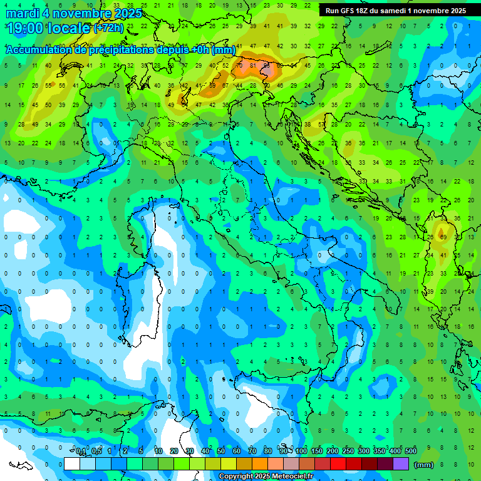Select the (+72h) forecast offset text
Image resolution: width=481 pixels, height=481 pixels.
coord(109,28)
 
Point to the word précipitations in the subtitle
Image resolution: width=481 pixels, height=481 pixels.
coord(125,49)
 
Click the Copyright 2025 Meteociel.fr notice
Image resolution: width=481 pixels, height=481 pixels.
coord(266,477)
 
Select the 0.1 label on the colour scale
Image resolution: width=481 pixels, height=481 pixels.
coord(81,452)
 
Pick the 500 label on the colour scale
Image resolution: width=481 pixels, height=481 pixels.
coord(410,452)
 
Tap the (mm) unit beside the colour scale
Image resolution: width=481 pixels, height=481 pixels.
coord(424,465)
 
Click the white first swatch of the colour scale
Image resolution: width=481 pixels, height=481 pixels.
coord(72,464)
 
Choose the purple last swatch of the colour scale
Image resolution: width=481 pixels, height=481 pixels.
coord(401,464)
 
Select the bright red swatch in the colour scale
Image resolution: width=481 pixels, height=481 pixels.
coord(338,464)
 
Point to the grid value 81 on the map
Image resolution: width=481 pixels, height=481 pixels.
coord(252,65)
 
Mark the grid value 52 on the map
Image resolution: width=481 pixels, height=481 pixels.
coord(225,65)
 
